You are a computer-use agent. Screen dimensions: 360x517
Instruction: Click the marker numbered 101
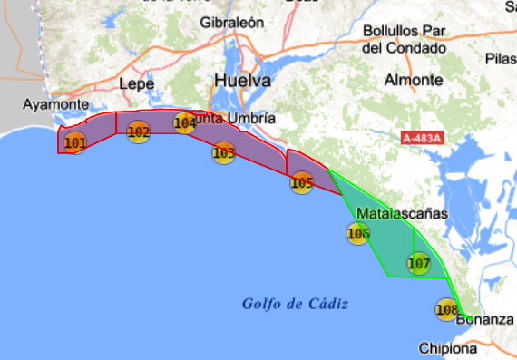[x=75, y=141]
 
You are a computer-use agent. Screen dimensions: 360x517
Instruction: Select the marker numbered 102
[x=139, y=132]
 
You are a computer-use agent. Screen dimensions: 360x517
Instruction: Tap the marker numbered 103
[x=224, y=152]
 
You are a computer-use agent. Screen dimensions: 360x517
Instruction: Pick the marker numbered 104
[x=185, y=122]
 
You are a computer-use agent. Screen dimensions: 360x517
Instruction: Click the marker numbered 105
[x=302, y=183]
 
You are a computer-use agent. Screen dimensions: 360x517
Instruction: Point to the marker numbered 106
[x=358, y=234]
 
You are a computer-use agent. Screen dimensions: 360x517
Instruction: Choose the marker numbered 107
[x=418, y=265]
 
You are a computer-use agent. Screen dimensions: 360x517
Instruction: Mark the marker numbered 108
[x=446, y=310]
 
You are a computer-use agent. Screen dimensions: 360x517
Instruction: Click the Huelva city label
[x=242, y=81]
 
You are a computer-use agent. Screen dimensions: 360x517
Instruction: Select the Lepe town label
[x=137, y=83]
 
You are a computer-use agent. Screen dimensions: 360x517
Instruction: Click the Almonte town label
[x=414, y=80]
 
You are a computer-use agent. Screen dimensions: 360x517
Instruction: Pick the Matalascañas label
[x=403, y=214]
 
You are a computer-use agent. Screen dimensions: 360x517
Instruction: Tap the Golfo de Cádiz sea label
[x=296, y=303]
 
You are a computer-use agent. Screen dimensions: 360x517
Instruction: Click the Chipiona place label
[x=447, y=348]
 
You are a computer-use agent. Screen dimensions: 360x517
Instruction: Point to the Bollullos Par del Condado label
[x=404, y=39]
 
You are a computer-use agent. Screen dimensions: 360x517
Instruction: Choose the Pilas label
[x=502, y=58]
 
